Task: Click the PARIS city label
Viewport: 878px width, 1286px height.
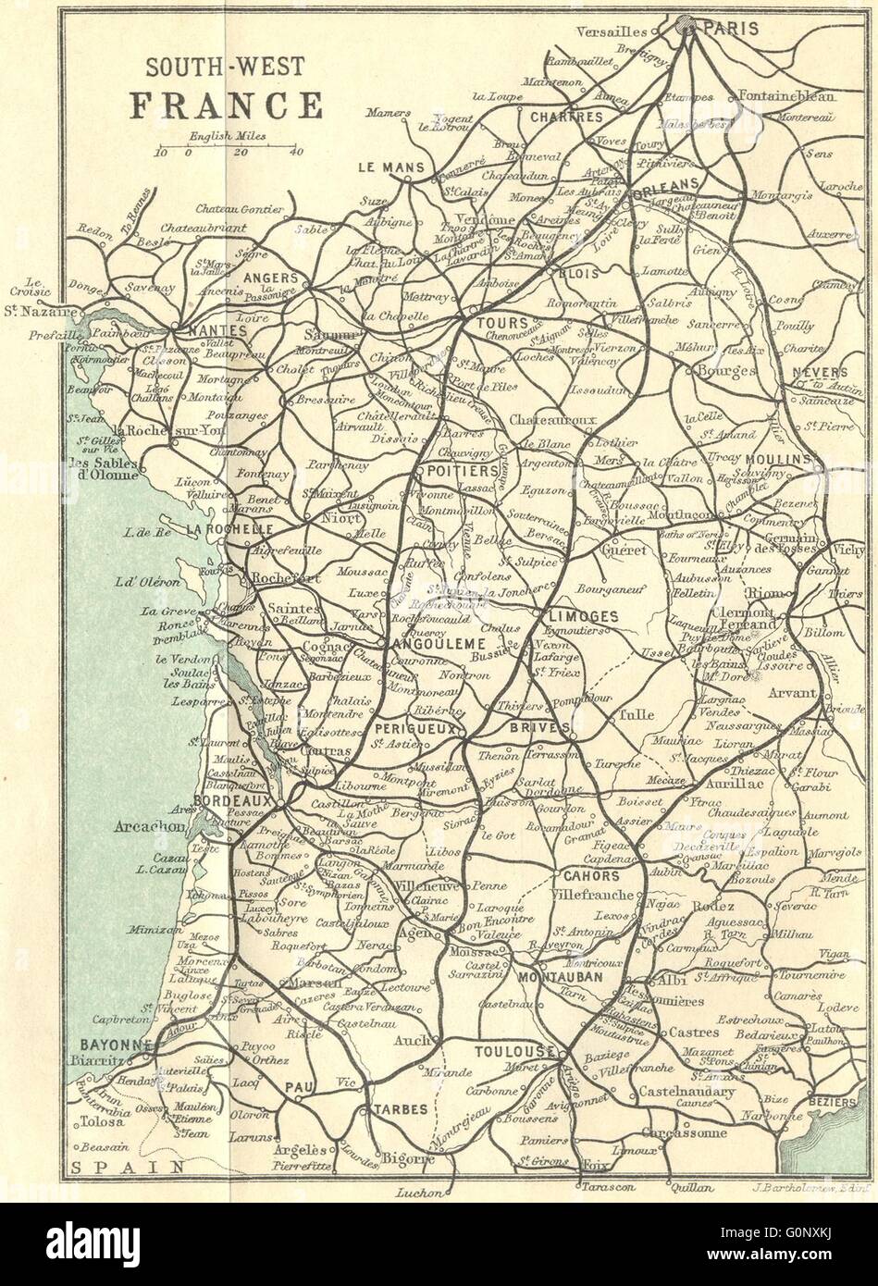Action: pos(732,29)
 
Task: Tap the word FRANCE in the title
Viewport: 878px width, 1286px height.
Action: pos(226,105)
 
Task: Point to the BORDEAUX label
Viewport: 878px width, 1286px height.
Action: pos(234,799)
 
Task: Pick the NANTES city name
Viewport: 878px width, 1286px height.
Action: pos(216,329)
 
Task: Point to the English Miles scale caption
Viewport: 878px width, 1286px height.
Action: pos(228,135)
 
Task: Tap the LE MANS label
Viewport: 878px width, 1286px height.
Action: pos(390,167)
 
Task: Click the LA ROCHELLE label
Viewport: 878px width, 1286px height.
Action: pos(229,530)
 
